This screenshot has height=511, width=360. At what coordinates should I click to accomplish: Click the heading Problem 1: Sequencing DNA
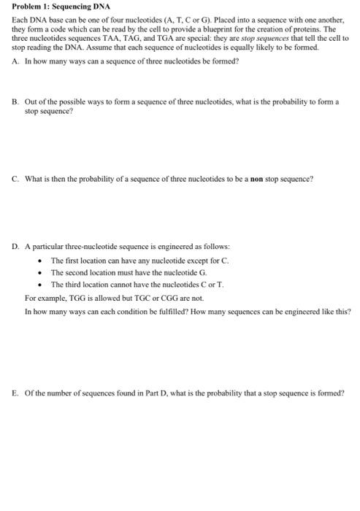pos(55,6)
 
